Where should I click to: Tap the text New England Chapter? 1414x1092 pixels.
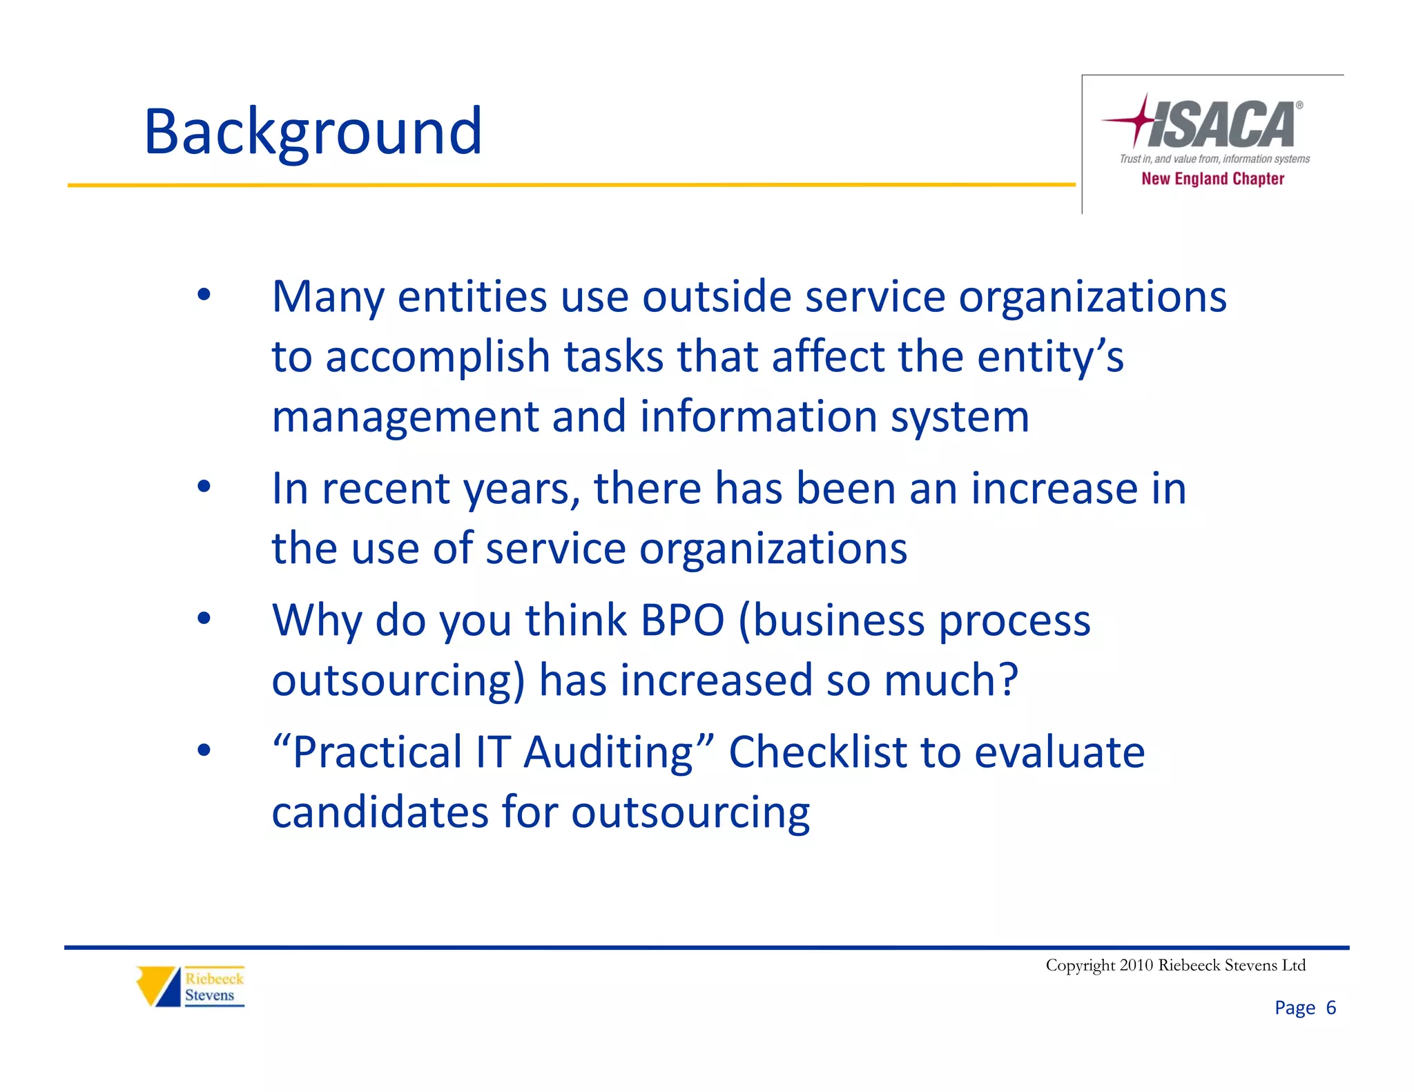(1212, 179)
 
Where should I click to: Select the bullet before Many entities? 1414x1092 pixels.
(203, 295)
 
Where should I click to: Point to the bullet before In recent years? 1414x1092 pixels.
(203, 487)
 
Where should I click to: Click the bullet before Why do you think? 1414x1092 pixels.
(203, 618)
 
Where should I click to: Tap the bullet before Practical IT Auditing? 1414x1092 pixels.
(203, 750)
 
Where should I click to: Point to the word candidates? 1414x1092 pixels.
(380, 812)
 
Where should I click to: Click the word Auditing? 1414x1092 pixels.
(608, 752)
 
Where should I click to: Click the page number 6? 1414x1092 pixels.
(1330, 1008)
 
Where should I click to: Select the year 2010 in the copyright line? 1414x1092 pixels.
(1136, 965)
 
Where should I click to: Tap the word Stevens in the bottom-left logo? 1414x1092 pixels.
(209, 995)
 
